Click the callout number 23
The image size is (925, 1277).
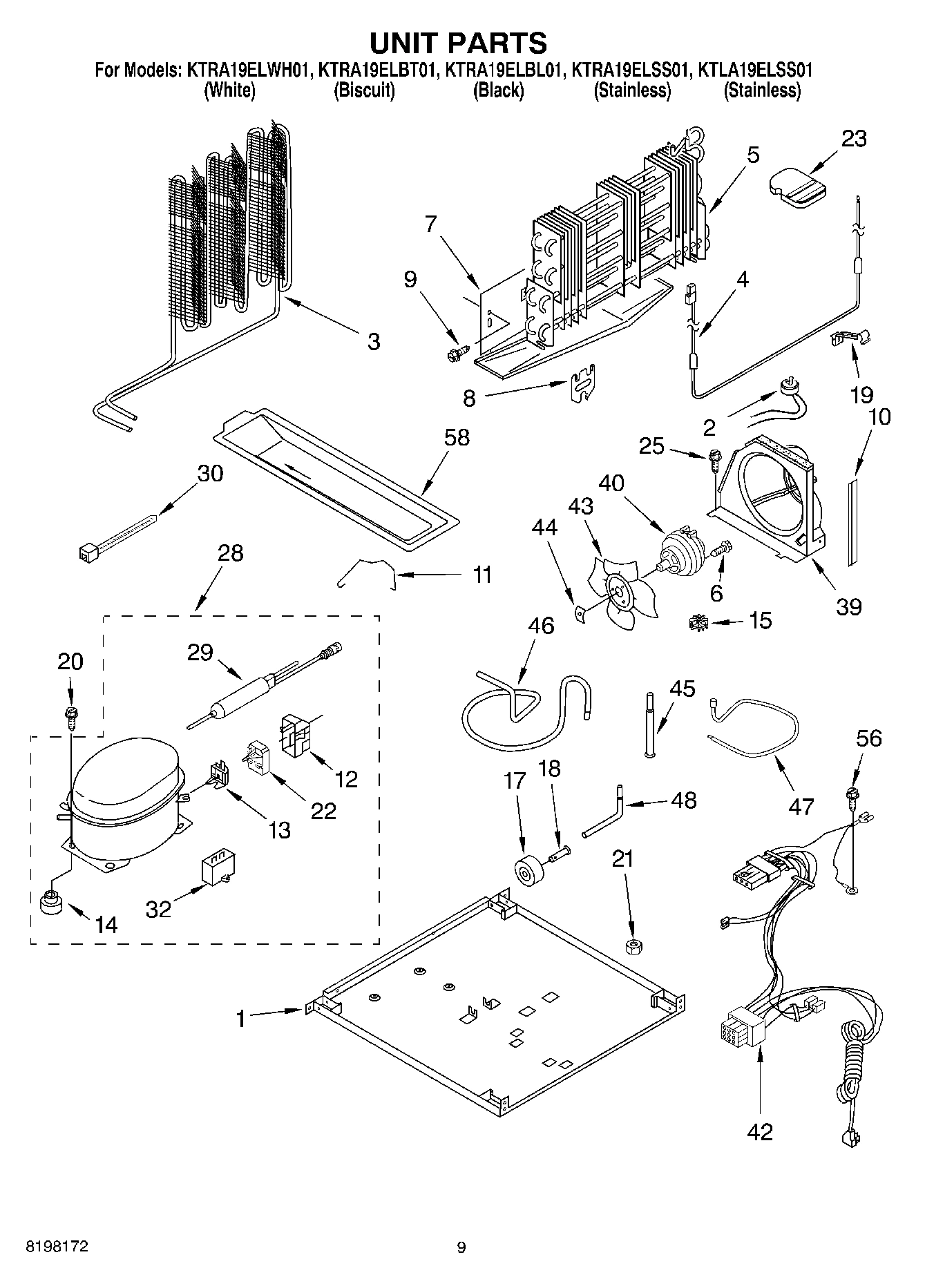pyautogui.click(x=853, y=139)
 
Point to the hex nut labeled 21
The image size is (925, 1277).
pyautogui.click(x=631, y=945)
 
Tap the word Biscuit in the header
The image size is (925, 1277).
pyautogui.click(x=364, y=90)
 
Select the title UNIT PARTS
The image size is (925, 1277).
pyautogui.click(x=458, y=42)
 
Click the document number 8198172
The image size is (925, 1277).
pyautogui.click(x=57, y=1247)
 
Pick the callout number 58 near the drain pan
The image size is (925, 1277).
pyautogui.click(x=457, y=438)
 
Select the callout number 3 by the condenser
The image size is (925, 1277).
pyautogui.click(x=373, y=342)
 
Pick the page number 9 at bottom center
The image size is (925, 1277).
pyautogui.click(x=461, y=1247)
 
